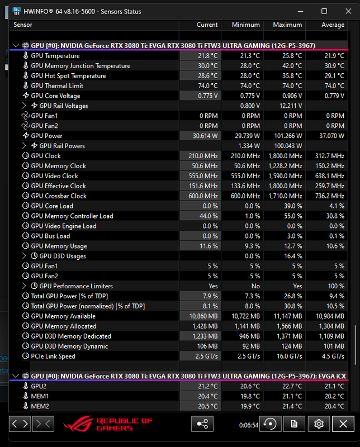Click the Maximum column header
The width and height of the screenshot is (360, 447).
point(287,25)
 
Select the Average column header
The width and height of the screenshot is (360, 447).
point(333,25)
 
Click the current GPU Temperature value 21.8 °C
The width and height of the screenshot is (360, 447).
point(207,56)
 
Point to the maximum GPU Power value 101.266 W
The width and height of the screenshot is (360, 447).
point(288,136)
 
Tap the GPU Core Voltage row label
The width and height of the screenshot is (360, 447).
point(55,96)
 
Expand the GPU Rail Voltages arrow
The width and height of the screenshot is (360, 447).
point(24,106)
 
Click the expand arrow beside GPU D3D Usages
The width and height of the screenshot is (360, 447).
point(24,256)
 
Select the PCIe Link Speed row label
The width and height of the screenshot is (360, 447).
point(53,356)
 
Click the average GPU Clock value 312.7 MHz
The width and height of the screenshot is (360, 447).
point(330,156)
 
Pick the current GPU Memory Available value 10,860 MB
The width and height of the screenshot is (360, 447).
point(203,316)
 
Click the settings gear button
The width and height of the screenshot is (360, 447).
point(319,424)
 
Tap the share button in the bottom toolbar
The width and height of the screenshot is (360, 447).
point(202,424)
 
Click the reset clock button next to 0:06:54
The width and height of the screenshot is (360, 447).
point(270,424)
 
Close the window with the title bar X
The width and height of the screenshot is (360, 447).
point(348,11)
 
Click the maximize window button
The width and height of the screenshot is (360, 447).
point(324,11)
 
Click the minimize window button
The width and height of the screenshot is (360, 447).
point(300,11)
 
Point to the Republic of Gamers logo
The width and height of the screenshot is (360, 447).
point(108,424)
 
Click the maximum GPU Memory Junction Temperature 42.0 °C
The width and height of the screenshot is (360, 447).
point(292,66)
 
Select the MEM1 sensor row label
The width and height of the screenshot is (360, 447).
point(40,396)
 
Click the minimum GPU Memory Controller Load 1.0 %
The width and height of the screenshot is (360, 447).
point(253,216)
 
